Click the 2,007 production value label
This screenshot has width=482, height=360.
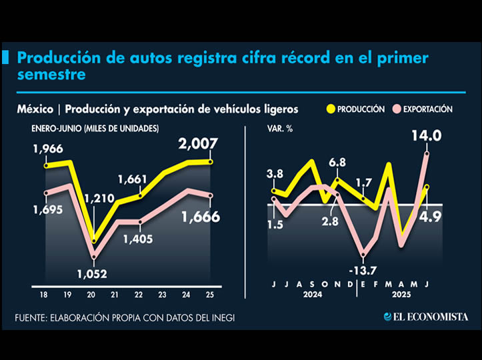[x=204, y=144]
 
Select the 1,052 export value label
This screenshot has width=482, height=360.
[x=93, y=273]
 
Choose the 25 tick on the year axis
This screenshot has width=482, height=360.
[x=210, y=295]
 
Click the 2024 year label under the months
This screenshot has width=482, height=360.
[x=311, y=295]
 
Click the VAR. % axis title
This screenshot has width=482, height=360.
[x=280, y=128]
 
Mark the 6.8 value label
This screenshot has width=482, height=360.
[x=337, y=162]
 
